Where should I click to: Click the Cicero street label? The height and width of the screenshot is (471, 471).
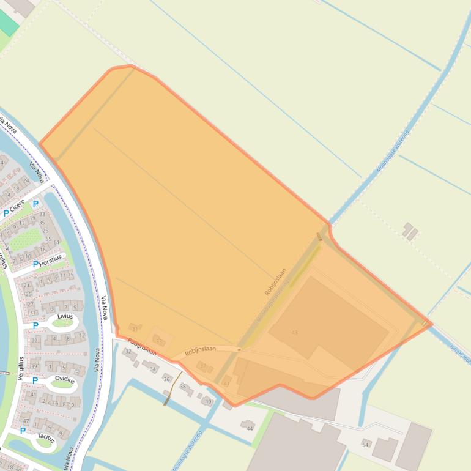17,205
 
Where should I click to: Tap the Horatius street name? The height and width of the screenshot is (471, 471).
50,260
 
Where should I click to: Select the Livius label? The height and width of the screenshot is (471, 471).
65,316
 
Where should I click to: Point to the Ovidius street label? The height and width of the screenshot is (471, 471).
64,380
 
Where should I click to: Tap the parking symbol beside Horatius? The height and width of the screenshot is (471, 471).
35,264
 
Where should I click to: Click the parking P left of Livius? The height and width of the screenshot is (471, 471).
35,325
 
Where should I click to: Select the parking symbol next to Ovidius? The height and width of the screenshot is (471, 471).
35,380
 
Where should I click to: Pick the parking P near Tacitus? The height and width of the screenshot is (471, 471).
23,431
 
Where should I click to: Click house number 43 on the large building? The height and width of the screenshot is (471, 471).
294,332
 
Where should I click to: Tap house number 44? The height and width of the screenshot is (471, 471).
249,428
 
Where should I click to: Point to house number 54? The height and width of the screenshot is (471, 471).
365,445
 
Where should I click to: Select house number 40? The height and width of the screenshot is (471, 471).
208,401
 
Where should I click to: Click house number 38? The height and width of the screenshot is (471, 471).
182,386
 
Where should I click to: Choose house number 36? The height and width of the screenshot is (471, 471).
166,379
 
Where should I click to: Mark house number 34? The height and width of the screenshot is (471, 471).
152,369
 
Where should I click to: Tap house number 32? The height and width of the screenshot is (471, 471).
128,352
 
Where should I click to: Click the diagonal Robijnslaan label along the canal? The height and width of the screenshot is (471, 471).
275,282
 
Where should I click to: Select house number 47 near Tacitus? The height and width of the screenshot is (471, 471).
26,421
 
